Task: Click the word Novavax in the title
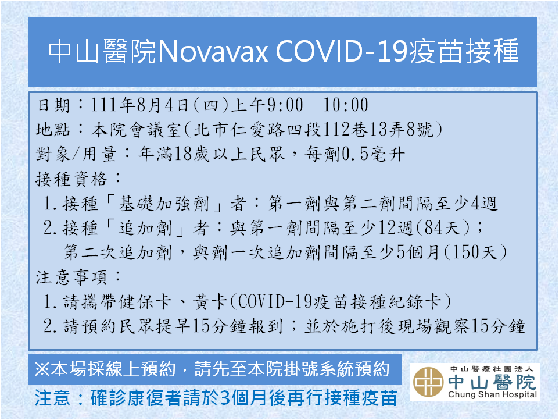coord(212,52)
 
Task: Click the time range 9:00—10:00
coord(318,105)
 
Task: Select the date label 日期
coord(54,105)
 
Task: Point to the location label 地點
coord(53,130)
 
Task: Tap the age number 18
coord(183,155)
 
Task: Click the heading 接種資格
coord(71,179)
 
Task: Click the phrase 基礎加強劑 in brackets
coord(164,204)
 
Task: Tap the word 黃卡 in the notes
coord(210,302)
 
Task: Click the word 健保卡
coord(145,302)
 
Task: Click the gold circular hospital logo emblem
coord(428,382)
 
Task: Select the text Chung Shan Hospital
coord(492,394)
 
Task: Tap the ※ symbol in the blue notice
coord(42,369)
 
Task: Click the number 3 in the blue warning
coord(225,398)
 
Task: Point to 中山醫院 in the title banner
coord(102,52)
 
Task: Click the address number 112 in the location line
coord(336,130)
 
